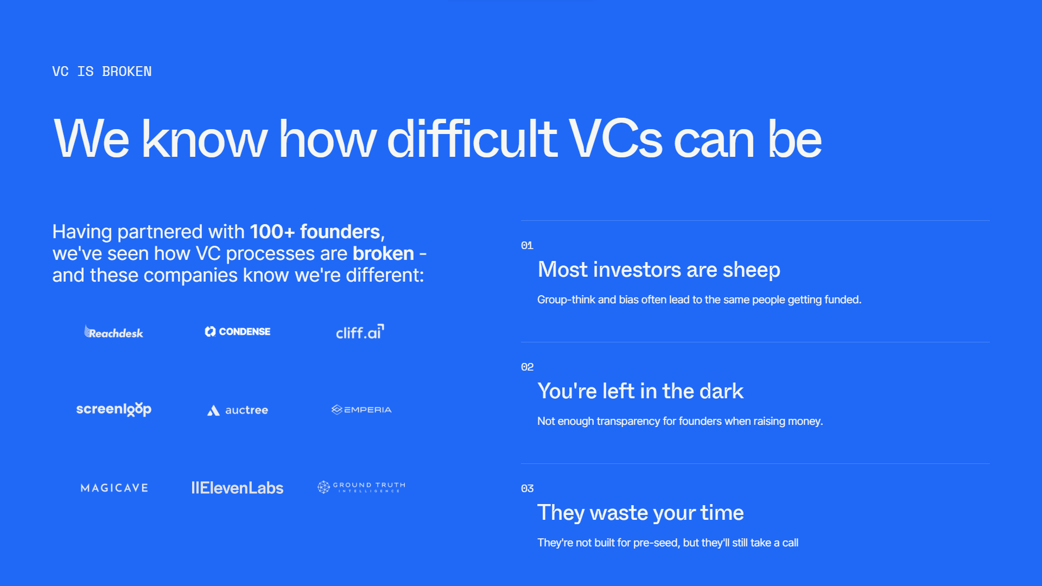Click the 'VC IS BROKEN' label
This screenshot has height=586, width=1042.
(102, 72)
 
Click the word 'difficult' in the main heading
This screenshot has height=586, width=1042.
(472, 139)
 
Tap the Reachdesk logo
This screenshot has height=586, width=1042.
(114, 332)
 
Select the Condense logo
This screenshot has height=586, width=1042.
(237, 332)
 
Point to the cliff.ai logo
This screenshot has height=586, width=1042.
(360, 332)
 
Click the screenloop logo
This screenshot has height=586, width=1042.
(114, 409)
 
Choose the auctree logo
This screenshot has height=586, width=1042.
(238, 410)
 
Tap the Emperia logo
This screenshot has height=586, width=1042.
(361, 410)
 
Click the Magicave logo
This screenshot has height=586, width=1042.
(115, 488)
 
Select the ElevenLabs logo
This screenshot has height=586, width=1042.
(237, 488)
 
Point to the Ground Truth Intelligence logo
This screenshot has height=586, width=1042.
(361, 487)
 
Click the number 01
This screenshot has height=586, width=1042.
(527, 245)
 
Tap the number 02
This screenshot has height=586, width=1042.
(527, 367)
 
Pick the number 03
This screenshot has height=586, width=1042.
(527, 488)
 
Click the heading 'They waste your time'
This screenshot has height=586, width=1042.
(640, 513)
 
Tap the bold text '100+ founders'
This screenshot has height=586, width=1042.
(315, 232)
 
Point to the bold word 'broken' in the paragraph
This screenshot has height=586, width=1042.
(383, 253)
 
